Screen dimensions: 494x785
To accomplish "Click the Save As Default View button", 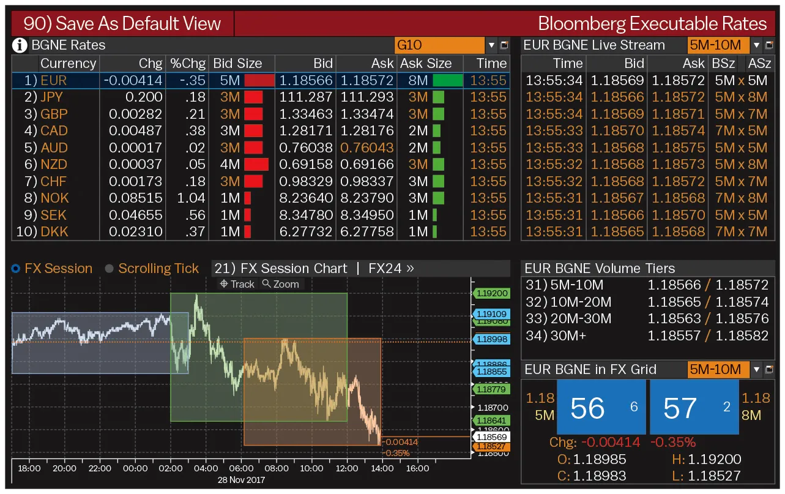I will [x=122, y=24].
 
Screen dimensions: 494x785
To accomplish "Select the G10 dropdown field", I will [x=439, y=45].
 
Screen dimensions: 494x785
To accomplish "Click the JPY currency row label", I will [x=51, y=97].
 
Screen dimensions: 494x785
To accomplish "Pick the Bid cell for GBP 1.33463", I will [x=306, y=114].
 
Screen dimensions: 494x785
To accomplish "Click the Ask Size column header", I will [x=425, y=64].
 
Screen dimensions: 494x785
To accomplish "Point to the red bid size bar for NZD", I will [x=256, y=165].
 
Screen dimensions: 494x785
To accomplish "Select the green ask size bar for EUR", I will [x=447, y=80].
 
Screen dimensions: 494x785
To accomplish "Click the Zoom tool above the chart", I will [x=281, y=284].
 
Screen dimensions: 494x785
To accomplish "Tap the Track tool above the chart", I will [x=237, y=284].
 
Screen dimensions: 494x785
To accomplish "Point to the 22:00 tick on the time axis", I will [x=100, y=468].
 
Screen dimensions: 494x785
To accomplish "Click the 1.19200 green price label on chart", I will [x=493, y=293].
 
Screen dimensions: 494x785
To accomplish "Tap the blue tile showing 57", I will [x=693, y=408].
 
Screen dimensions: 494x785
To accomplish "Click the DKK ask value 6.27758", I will [x=366, y=232].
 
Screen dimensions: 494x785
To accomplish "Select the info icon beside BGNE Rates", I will [x=20, y=45].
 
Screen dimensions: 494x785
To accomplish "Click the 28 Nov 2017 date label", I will [x=241, y=480].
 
